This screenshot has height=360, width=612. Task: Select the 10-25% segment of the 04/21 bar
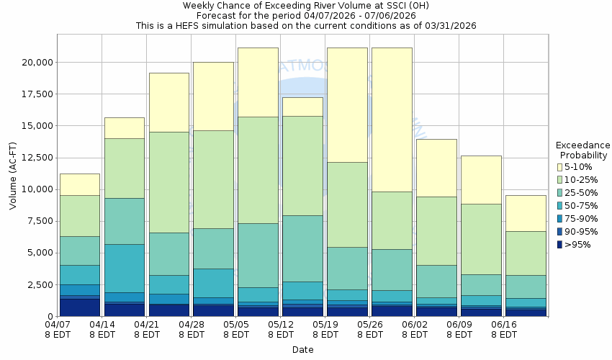coord(169,182)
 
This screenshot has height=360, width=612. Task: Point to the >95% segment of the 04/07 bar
coord(80,307)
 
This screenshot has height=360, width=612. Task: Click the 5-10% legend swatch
coord(559,166)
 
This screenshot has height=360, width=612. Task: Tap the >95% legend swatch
coord(559,244)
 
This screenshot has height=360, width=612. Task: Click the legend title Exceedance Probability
coord(583,150)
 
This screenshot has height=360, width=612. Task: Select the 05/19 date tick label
coord(325,329)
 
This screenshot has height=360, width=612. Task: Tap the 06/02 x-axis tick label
coord(414,329)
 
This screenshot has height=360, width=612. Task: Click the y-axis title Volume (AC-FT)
coord(13,179)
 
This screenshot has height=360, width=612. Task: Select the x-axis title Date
coord(302,349)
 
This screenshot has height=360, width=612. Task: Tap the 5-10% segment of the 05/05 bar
coord(258,82)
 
